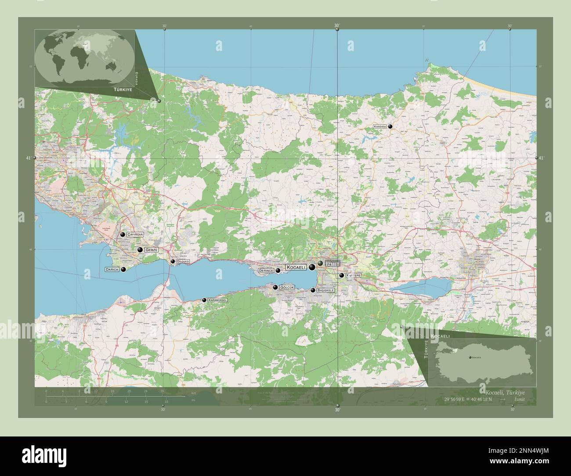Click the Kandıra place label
coord(380,126)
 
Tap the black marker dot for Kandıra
coord(390,126)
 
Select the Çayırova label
coord(135,235)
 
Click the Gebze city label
coord(151,250)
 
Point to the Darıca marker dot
coord(123,270)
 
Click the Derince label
coord(266,271)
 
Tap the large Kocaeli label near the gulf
coord(296,267)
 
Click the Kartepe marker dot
coord(341,275)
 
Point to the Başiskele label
coord(325,290)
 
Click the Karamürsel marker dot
coord(204,300)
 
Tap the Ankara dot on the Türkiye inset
coord(470,357)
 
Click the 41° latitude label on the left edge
coord(29,158)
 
